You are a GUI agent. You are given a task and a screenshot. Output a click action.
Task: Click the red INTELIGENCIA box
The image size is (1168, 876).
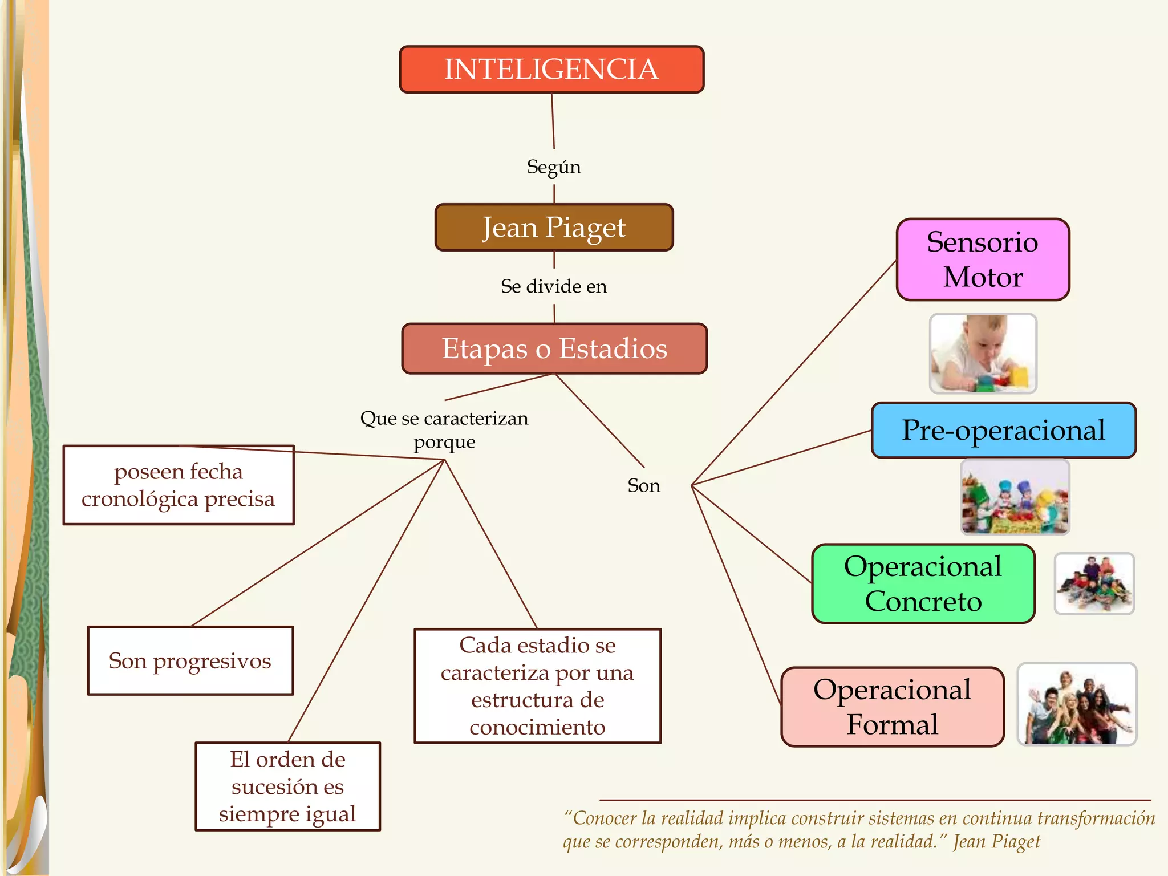[x=551, y=70]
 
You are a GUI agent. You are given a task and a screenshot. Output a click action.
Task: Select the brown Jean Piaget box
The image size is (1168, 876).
[x=554, y=228]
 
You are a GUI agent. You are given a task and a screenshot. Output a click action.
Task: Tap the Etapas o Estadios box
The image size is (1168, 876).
[x=554, y=348]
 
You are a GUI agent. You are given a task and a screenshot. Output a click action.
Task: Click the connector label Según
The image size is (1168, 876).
[x=554, y=167]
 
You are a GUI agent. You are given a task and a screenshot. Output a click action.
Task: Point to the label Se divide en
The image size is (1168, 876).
[x=554, y=286]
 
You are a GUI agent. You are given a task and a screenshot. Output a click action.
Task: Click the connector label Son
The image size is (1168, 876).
[x=644, y=485]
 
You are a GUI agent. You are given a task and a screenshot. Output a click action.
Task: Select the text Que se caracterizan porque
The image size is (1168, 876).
[x=444, y=429]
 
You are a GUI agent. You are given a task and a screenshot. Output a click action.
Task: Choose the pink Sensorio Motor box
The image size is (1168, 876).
[x=983, y=259]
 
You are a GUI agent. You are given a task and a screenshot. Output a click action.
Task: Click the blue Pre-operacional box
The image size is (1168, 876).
[x=1003, y=430]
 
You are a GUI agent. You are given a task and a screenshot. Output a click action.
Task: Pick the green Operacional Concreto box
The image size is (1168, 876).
[x=923, y=583]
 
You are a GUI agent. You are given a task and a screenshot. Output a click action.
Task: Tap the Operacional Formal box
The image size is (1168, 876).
[x=892, y=707]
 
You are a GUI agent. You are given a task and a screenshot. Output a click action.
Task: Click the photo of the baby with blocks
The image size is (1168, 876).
[x=983, y=354]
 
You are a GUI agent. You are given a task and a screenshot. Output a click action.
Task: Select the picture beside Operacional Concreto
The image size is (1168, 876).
[x=1094, y=583]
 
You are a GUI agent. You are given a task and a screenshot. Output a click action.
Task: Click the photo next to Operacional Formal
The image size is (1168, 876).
[x=1077, y=704]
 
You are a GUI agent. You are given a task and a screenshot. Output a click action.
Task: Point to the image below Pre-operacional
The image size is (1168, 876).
[x=1015, y=497]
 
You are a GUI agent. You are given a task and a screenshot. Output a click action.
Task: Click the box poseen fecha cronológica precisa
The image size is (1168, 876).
[x=179, y=485]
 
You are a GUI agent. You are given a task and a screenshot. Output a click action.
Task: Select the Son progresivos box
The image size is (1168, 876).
[x=190, y=660]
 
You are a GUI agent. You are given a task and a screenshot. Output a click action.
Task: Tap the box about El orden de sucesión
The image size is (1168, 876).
[x=287, y=786]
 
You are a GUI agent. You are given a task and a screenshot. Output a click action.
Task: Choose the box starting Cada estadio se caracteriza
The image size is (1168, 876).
[x=537, y=686]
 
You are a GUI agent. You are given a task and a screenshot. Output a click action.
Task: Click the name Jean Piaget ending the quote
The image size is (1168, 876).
[x=996, y=842]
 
